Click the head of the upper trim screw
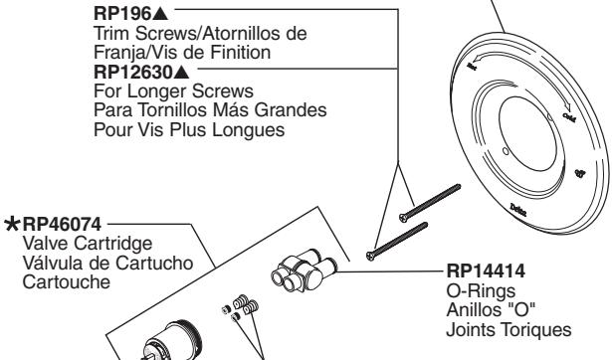click(x=403, y=215)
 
